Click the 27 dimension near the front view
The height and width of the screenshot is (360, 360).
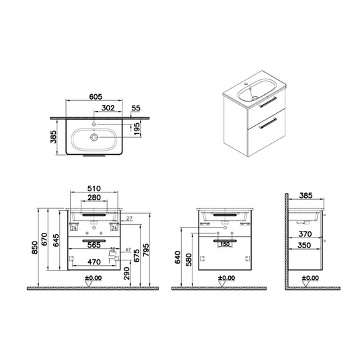(129, 217)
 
